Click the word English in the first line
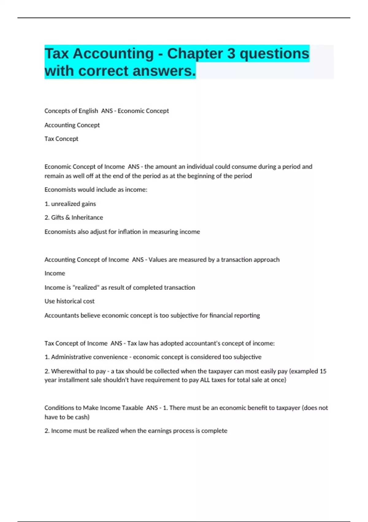coord(88,111)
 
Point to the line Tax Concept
coord(61,139)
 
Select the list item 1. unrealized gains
coord(70,204)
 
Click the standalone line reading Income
coord(55,273)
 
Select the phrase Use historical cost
coord(69,301)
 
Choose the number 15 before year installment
coord(323,371)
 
